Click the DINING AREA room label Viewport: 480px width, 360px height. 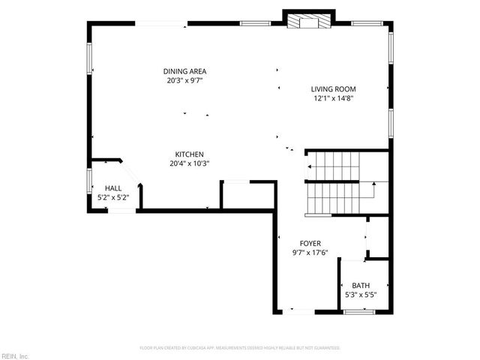tap(184, 71)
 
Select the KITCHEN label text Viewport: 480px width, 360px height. tap(188, 154)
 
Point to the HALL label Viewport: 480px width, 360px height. tap(113, 188)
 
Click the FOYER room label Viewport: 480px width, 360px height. tap(310, 244)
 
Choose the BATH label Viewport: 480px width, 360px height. tap(361, 286)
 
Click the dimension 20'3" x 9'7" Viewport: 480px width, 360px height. tap(184, 80)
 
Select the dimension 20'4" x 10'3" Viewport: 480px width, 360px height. tap(188, 163)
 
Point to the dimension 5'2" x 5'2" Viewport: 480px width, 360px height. tap(113, 197)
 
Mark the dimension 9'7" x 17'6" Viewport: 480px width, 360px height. tap(310, 253)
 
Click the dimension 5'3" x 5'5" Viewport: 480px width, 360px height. tap(361, 295)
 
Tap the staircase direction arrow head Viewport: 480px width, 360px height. tap(373, 182)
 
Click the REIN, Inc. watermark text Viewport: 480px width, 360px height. tap(14, 355)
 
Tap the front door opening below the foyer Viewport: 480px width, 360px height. tap(298, 310)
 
